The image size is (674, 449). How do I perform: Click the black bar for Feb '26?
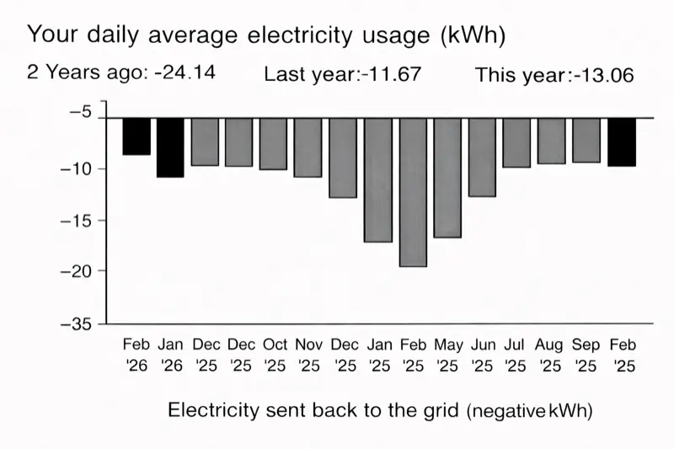[x=136, y=136]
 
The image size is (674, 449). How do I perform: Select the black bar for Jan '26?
[x=170, y=147]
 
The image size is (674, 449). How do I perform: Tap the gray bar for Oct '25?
[x=274, y=144]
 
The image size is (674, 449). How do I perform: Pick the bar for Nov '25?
[x=308, y=147]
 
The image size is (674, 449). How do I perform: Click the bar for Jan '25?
[x=378, y=179]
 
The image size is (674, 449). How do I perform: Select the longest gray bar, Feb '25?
[x=413, y=192]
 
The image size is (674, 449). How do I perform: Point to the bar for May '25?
[x=447, y=178]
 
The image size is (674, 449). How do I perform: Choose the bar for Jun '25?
[x=482, y=158]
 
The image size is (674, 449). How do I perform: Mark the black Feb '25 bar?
[x=622, y=142]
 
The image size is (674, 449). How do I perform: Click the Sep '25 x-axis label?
[x=586, y=355]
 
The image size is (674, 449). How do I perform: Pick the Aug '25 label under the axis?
[x=551, y=355]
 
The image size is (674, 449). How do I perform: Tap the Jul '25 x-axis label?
[x=516, y=355]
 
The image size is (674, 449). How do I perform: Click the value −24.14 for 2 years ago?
[x=185, y=72]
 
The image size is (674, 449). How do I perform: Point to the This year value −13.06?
[x=603, y=75]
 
